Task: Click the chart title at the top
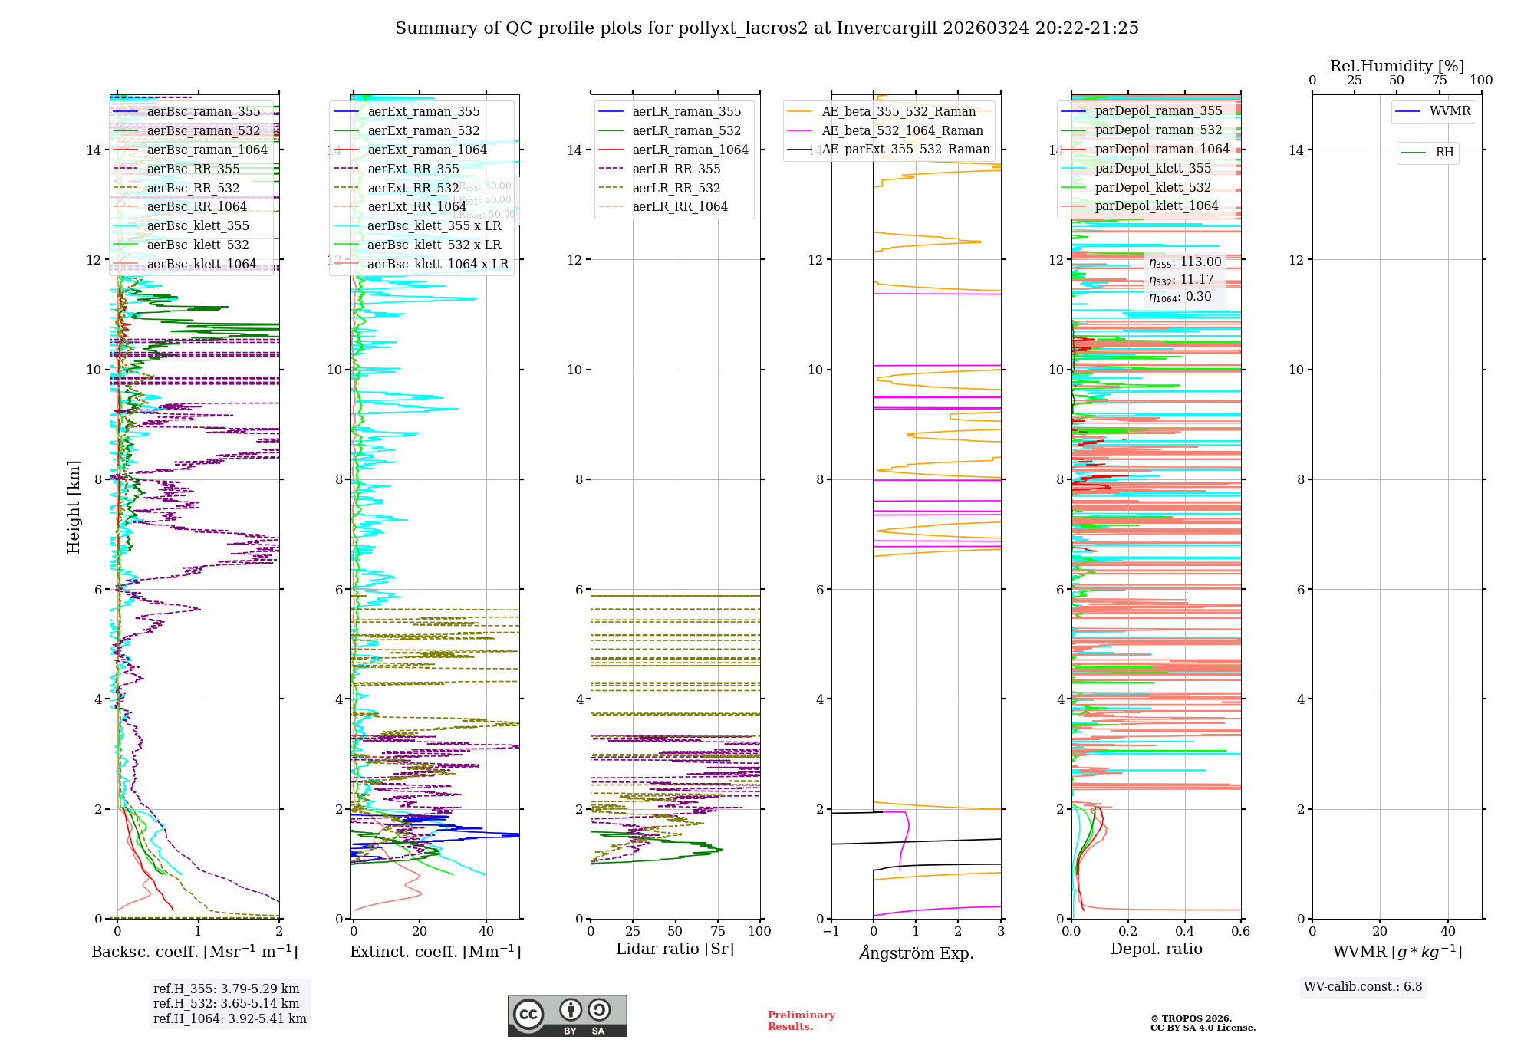coord(766,28)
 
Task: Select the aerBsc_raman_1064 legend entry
coord(207,150)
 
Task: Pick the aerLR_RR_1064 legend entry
coord(680,206)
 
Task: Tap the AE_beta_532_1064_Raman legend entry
coord(902,130)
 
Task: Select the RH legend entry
coord(1444,153)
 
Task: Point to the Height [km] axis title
coord(74,506)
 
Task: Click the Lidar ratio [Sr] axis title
coord(675,949)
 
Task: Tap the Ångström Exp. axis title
coord(916,953)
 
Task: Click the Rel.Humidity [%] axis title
coord(1397,66)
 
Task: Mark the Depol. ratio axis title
coord(1156,949)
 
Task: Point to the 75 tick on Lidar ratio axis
coord(718,932)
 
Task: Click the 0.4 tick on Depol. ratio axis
coord(1184,932)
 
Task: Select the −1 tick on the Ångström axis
coord(831,932)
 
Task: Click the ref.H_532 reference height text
coord(226,1003)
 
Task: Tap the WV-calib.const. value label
coord(1363,987)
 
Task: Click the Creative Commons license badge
coord(567,1015)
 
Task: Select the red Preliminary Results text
coord(801,1021)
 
